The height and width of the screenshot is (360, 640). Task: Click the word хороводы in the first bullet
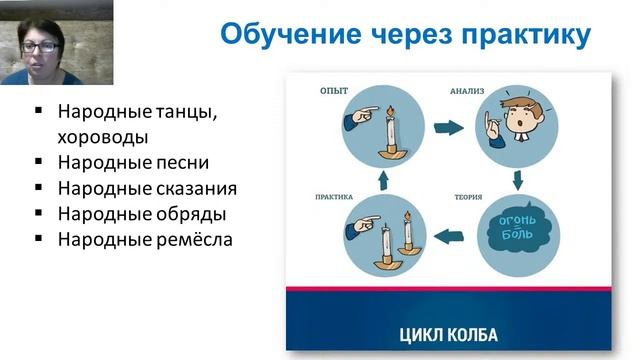pos(103,136)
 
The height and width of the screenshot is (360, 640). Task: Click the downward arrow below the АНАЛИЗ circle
pos(519,180)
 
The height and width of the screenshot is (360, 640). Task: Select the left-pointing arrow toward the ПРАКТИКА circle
pos(452,237)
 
